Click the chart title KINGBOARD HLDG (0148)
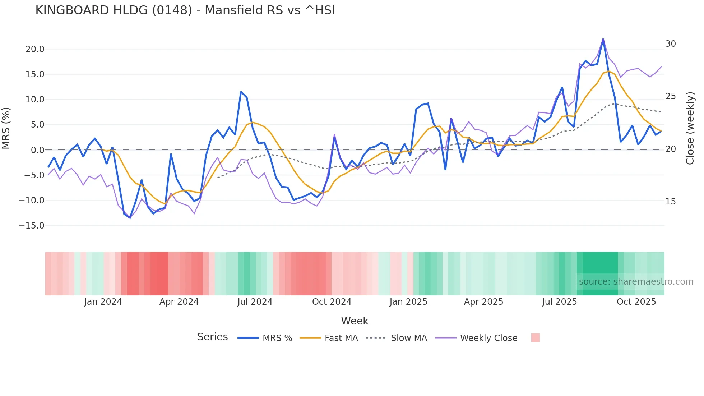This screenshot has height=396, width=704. pos(185,10)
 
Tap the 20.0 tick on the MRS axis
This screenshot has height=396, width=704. pos(35,49)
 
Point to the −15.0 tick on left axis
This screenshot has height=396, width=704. pos(32,226)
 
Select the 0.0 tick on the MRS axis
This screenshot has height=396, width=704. pos(37,150)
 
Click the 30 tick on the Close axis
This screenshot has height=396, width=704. pos(670,44)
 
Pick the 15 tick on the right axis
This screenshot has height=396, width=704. pos(670,202)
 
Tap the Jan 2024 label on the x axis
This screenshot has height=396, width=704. pos(103,302)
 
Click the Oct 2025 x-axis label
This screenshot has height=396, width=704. pos(636,302)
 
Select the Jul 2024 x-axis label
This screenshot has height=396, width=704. pos(255,302)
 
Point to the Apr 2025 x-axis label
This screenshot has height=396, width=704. pos(483,302)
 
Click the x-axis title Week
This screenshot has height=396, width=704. pos(355,321)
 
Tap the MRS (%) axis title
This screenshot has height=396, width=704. pos(6,128)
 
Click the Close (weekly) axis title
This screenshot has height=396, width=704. pos(690,128)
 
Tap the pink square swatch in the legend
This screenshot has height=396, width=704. pos(535,338)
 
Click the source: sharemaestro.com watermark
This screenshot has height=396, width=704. pos(636,282)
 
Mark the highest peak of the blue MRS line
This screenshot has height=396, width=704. pos(603,39)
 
